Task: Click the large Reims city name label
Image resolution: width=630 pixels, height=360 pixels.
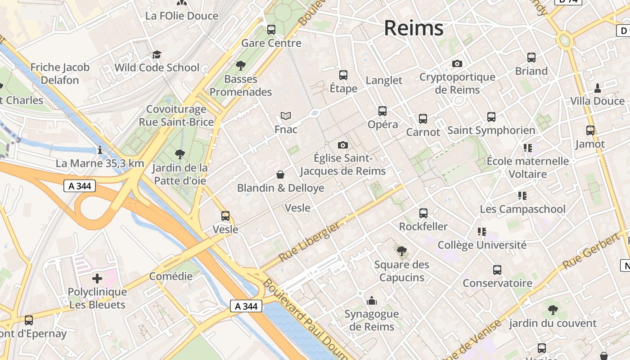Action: [414, 28]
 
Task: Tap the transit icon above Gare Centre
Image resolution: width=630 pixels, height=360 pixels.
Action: [271, 30]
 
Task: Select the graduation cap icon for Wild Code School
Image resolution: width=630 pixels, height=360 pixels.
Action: [157, 54]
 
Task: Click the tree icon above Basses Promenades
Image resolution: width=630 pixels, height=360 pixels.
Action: [241, 66]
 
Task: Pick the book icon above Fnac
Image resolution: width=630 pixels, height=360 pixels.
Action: [286, 116]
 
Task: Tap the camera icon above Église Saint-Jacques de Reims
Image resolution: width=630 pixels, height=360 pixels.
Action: [343, 145]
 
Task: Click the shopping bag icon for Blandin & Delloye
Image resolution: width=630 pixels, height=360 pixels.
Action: [280, 174]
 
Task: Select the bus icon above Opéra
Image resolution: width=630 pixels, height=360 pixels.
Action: [382, 111]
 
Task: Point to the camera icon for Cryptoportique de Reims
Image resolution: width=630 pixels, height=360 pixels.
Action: [457, 64]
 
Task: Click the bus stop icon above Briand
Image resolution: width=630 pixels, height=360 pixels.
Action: [531, 58]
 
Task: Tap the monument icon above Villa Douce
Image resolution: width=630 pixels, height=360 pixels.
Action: [598, 88]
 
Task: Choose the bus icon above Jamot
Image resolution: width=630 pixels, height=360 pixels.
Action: [590, 130]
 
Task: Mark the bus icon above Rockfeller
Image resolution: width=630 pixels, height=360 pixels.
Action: [423, 213]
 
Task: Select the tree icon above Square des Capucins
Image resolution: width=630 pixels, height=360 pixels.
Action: [401, 251]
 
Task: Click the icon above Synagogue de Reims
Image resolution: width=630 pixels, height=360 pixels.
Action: [372, 301]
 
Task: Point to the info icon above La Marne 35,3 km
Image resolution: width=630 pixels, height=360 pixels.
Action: [100, 150]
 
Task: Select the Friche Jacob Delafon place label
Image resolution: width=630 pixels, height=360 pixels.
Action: [60, 74]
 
